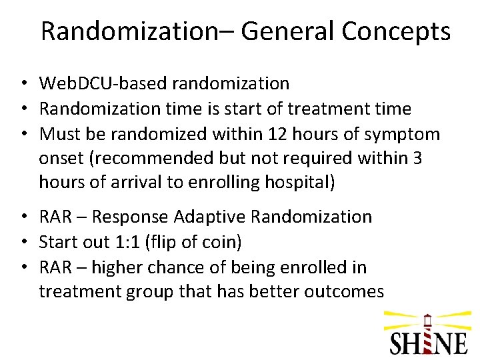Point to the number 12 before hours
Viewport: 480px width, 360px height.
click(275, 134)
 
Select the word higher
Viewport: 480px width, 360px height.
click(117, 267)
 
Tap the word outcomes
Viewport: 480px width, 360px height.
click(344, 291)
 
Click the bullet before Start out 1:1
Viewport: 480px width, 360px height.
click(23, 242)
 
